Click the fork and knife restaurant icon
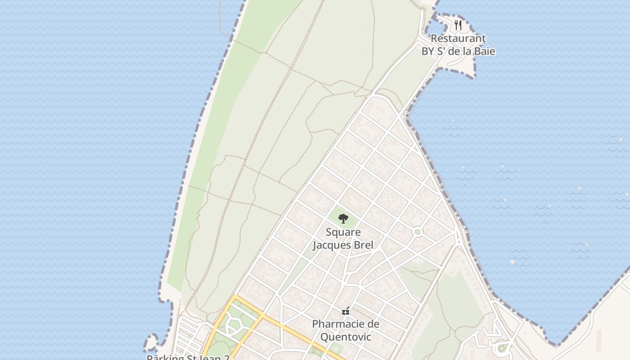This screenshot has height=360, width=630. [x=458, y=25]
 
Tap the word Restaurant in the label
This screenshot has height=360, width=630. [x=458, y=39]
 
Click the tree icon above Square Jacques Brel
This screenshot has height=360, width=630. [x=343, y=219]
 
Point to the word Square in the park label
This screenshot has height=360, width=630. [x=343, y=233]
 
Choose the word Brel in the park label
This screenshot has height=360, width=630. [x=364, y=245]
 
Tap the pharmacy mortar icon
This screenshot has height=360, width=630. [x=346, y=311]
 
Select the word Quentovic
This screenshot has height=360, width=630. [x=346, y=337]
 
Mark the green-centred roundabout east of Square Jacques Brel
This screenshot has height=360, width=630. [x=418, y=232]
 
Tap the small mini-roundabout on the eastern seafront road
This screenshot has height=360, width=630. [x=459, y=242]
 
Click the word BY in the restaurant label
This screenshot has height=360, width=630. [x=428, y=51]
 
